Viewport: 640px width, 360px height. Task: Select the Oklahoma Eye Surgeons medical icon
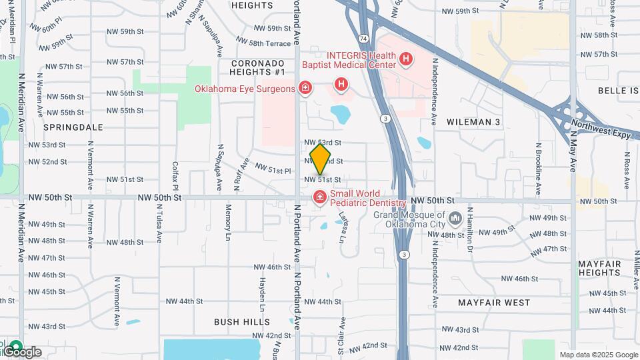coord(305,88)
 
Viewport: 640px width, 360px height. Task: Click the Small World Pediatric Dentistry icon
coord(319,197)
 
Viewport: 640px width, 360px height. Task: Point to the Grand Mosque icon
coord(455,219)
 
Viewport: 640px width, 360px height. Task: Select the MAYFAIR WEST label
coord(494,303)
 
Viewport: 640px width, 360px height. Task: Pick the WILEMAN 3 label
coord(473,122)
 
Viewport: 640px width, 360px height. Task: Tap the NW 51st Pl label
coord(273,170)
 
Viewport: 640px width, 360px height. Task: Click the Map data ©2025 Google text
coord(599,355)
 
